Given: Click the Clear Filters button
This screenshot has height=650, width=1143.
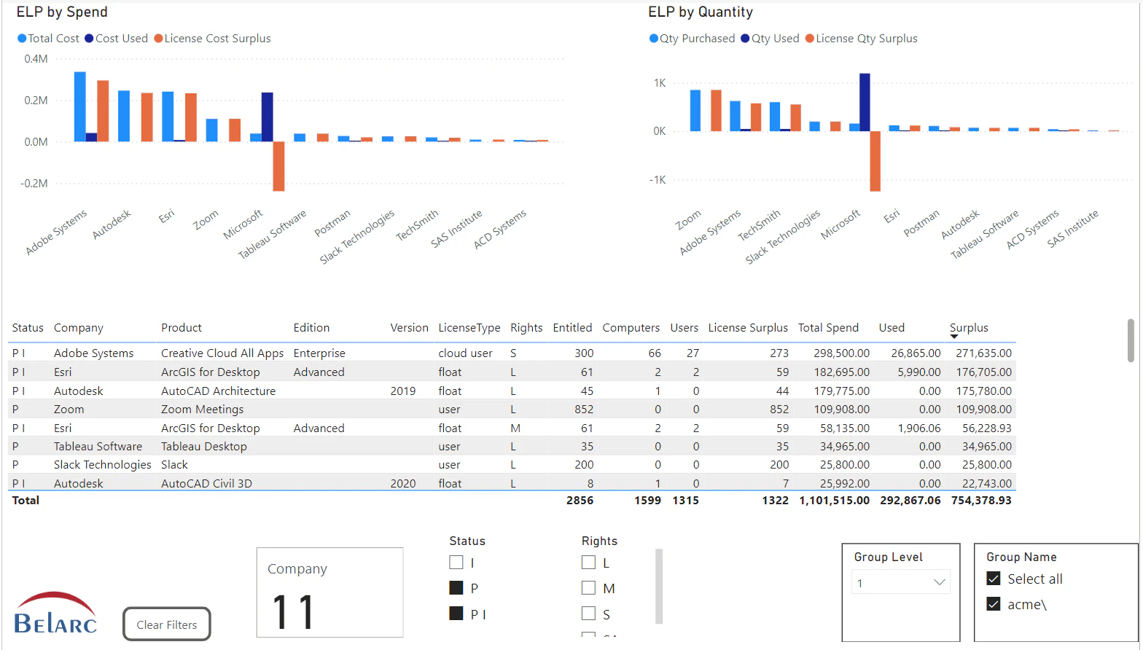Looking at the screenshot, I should pos(166,624).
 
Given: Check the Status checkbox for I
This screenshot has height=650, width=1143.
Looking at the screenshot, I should pos(456,563).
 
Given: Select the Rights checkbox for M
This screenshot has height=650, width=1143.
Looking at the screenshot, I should pos(588,588).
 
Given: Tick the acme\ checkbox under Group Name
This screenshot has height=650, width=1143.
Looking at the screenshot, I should pos(994,604).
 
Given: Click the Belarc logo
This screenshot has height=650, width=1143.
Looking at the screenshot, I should pos(55,614).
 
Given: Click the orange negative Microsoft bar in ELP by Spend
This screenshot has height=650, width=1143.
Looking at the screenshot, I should pos(278,166).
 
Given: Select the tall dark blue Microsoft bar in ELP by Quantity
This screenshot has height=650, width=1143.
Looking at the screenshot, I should pos(865,102).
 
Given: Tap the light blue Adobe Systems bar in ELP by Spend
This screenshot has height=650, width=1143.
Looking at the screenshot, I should pos(80,106).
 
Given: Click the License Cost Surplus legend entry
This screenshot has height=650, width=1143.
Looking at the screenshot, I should pos(212,39).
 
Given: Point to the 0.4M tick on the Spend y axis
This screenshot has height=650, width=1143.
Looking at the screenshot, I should pos(36,59).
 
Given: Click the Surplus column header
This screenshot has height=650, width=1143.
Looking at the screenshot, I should pos(969,328).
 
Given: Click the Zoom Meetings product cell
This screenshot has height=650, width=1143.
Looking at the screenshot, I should pos(202,410).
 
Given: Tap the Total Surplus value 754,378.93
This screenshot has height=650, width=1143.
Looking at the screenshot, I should pos(981,501).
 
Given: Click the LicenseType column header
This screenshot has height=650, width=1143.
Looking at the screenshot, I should pos(469,328).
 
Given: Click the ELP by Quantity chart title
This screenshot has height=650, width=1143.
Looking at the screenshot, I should pos(700,12).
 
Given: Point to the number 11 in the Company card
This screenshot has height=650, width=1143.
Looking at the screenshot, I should pos(293,612).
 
